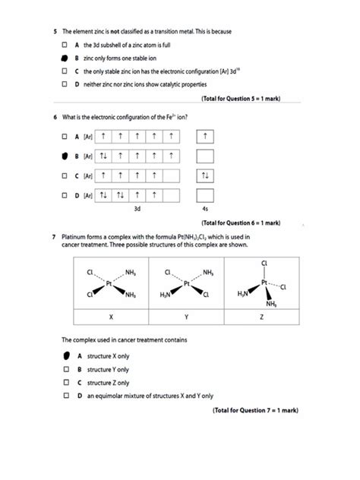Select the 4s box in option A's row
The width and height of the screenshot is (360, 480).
point(204,136)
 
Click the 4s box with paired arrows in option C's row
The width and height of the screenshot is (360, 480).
point(204,176)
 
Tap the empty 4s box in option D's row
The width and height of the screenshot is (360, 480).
point(204,195)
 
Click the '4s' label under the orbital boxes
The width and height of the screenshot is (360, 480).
point(204,207)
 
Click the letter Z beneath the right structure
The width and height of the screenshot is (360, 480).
point(261,315)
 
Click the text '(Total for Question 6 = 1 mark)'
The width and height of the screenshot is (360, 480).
point(241,223)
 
